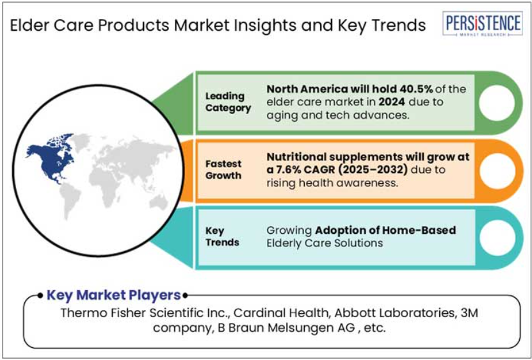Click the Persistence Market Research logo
pyautogui.click(x=483, y=24)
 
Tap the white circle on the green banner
pyautogui.click(x=497, y=103)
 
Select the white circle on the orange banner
pyautogui.click(x=497, y=170)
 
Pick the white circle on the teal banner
pyautogui.click(x=497, y=238)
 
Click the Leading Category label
pyautogui.click(x=228, y=102)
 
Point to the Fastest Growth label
pyautogui.click(x=223, y=170)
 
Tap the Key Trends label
pyautogui.click(x=222, y=237)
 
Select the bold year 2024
pyautogui.click(x=392, y=102)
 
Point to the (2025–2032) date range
pyautogui.click(x=373, y=170)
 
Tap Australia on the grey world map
pyautogui.click(x=158, y=203)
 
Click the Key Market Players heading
pyautogui.click(x=114, y=295)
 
